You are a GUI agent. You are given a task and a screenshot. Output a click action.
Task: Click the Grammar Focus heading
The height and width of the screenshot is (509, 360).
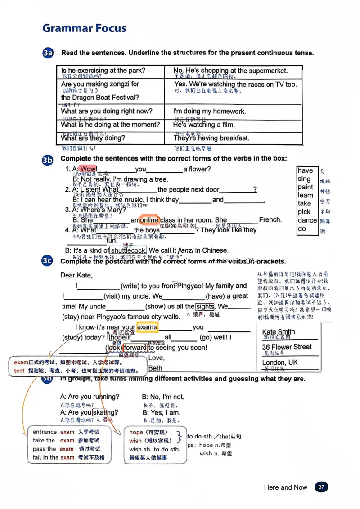pos(84,28)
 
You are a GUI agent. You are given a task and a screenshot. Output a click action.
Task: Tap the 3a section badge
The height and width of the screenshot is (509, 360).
pos(48,53)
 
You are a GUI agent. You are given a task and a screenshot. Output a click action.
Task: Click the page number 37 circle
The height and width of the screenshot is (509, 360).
pos(321,487)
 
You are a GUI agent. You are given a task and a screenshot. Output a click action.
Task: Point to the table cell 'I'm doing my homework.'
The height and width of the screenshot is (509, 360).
pos(210,112)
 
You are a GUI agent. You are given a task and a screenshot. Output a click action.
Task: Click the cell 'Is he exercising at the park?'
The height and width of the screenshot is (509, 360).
pos(103,71)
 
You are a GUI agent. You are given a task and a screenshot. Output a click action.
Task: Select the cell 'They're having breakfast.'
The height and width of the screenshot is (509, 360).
pos(211,138)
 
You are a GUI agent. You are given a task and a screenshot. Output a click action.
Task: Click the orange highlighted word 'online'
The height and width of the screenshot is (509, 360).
pos(149,220)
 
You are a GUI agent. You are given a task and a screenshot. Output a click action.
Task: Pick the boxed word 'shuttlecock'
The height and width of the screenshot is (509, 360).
pos(128,250)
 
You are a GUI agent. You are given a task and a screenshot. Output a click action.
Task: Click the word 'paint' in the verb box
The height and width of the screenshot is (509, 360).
pos(305,187)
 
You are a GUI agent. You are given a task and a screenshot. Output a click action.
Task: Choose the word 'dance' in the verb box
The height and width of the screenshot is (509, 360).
pos(307,220)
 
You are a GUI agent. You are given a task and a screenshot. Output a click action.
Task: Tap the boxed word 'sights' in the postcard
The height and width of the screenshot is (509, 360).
pos(205,307)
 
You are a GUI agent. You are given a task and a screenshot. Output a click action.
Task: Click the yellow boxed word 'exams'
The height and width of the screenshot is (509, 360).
pos(147,327)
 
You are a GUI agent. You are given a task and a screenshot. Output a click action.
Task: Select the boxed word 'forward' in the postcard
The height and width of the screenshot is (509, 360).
pos(135,348)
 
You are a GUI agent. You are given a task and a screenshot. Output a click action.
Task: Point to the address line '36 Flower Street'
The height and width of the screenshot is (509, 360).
pos(287,347)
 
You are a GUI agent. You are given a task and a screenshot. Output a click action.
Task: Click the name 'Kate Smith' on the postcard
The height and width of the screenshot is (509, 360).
pos(279,332)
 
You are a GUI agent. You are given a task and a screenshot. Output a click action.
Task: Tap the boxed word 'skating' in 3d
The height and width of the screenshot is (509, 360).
pos(104,412)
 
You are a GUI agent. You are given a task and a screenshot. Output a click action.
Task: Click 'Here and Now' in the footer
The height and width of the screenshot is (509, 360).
pos(285,487)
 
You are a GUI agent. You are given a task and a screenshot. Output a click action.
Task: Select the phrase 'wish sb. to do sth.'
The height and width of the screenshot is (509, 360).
pos(154,449)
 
